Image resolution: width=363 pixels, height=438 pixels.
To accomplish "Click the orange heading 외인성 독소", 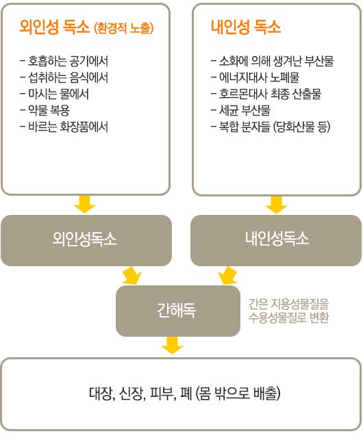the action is (55, 27).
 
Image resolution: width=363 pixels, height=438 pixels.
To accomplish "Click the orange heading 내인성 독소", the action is (246, 27).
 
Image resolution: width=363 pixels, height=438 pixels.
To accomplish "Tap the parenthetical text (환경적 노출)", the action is (124, 28).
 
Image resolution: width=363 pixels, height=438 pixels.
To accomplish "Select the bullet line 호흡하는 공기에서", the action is (64, 61).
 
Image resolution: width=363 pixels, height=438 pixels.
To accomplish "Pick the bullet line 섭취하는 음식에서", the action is (64, 77).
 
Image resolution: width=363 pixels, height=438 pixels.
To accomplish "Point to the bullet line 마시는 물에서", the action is (55, 94).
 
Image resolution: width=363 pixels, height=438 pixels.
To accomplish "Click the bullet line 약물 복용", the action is (45, 111).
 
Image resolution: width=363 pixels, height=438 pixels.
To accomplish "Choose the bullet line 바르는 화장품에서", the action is (64, 127).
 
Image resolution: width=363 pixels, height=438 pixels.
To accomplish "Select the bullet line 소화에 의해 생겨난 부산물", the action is (273, 61).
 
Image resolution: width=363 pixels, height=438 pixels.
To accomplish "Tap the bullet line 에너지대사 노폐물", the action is (255, 77).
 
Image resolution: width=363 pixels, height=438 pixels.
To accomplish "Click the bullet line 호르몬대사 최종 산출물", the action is (266, 94).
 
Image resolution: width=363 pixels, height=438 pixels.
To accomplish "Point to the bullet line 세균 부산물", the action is (241, 110).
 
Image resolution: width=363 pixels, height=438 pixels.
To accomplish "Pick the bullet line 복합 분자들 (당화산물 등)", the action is (271, 127).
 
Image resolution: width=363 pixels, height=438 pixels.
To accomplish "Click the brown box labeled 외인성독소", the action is (86, 240).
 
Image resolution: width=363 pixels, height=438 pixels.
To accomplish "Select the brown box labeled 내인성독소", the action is (276, 240).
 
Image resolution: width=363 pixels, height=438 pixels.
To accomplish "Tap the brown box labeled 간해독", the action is (178, 311).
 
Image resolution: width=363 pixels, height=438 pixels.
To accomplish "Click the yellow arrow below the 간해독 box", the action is (173, 345).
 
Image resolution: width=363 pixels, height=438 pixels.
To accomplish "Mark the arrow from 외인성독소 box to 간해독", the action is (132, 276).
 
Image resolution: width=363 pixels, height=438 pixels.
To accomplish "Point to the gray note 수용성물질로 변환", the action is (288, 318).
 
